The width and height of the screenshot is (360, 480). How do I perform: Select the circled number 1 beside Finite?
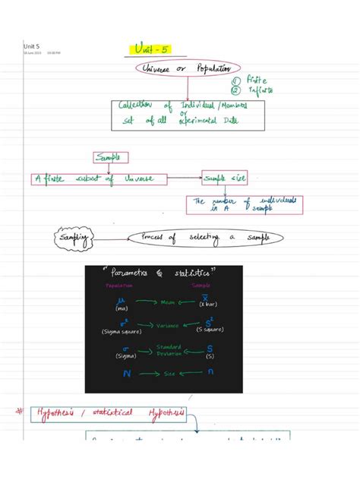[237, 78]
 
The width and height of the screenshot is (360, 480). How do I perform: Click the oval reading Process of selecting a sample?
[207, 238]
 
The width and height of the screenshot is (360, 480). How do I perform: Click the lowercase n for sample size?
[208, 374]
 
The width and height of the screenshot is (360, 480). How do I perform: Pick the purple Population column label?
[119, 286]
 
